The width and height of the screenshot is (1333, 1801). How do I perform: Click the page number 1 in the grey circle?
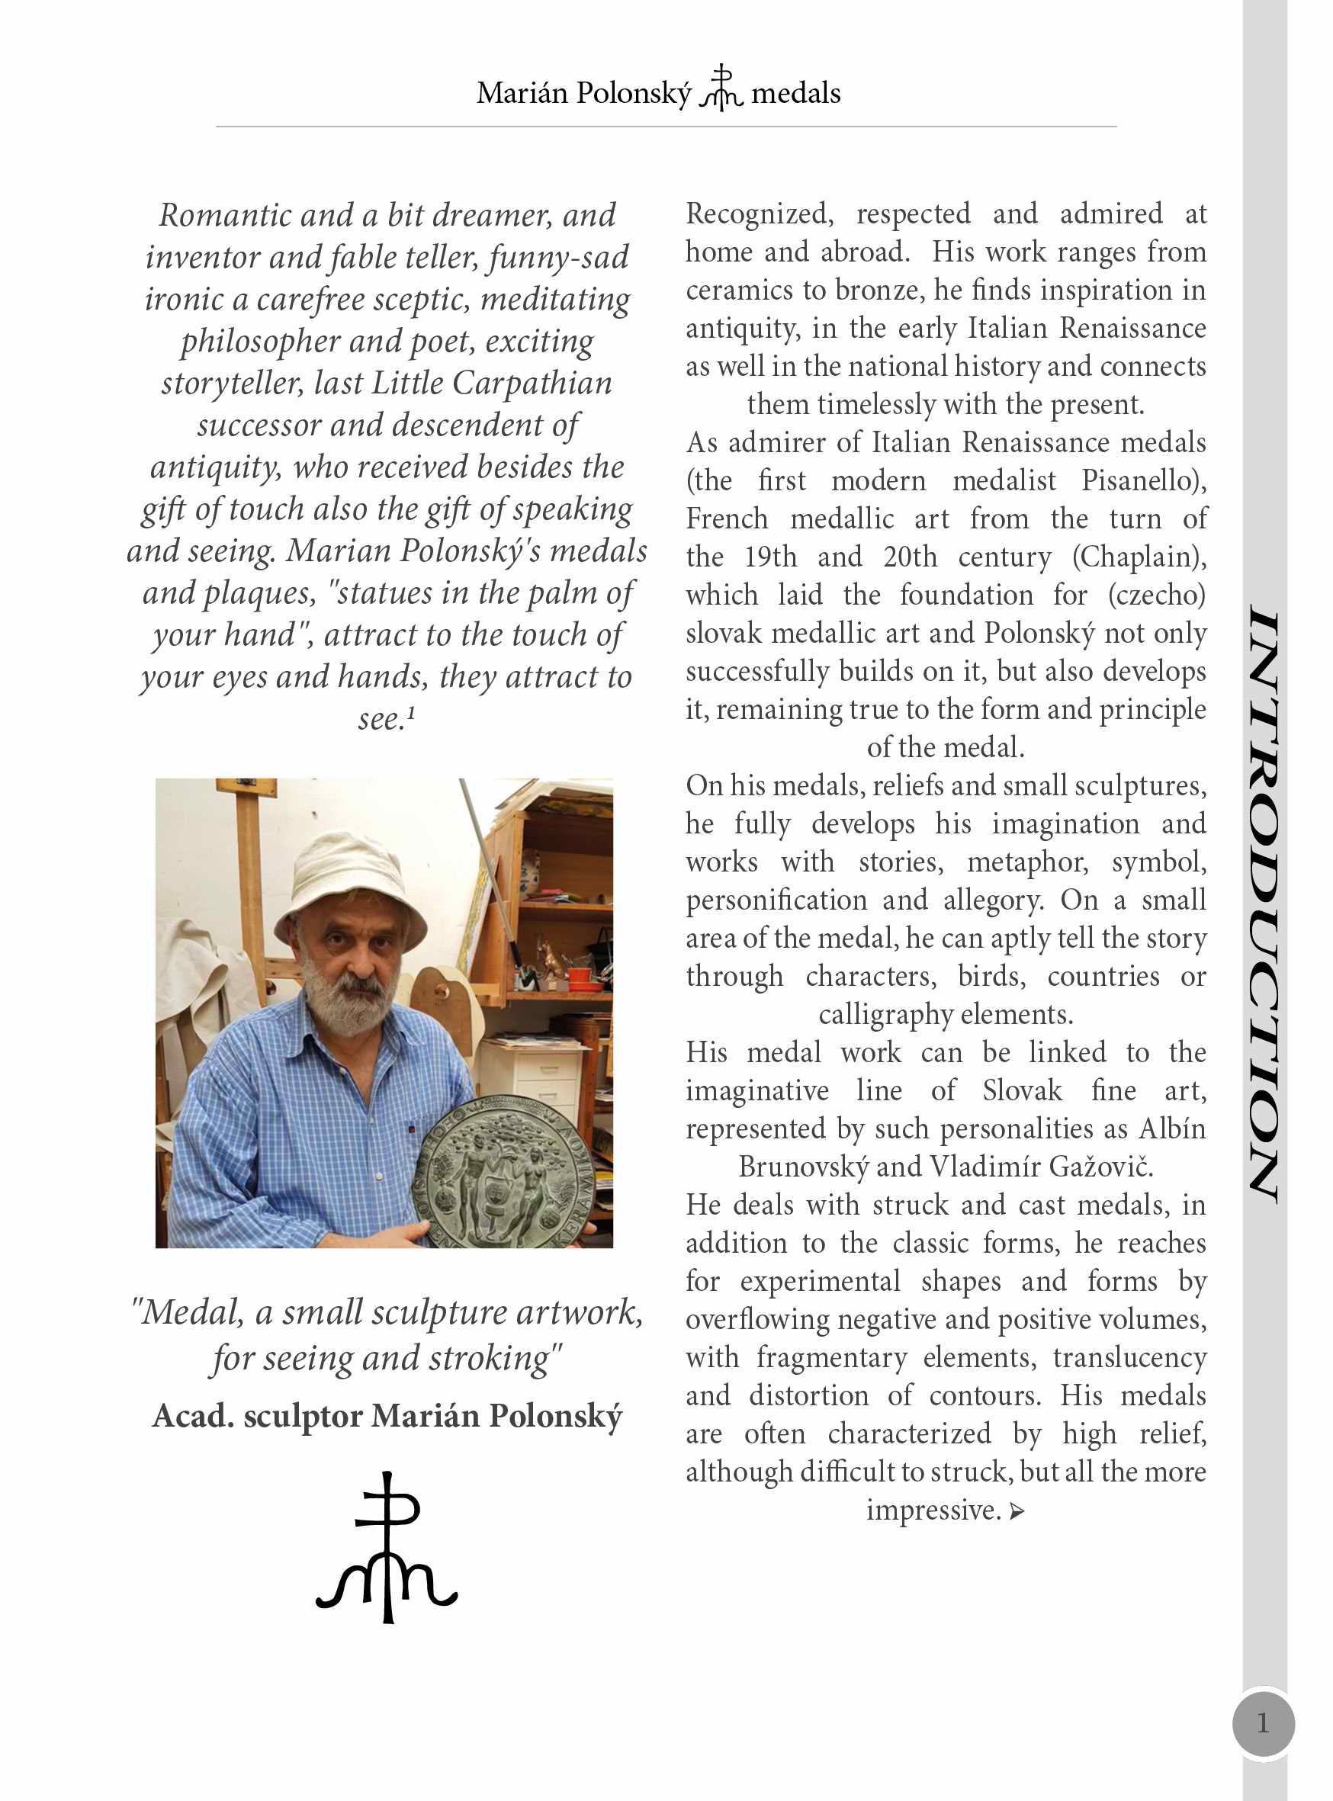1263,1722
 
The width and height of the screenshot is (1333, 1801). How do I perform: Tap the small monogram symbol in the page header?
721,88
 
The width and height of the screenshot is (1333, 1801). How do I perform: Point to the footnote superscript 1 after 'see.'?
412,712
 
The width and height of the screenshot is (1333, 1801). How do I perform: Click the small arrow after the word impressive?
1017,1511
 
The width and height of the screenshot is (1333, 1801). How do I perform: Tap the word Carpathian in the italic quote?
532,384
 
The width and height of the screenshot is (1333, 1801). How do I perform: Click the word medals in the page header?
795,94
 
